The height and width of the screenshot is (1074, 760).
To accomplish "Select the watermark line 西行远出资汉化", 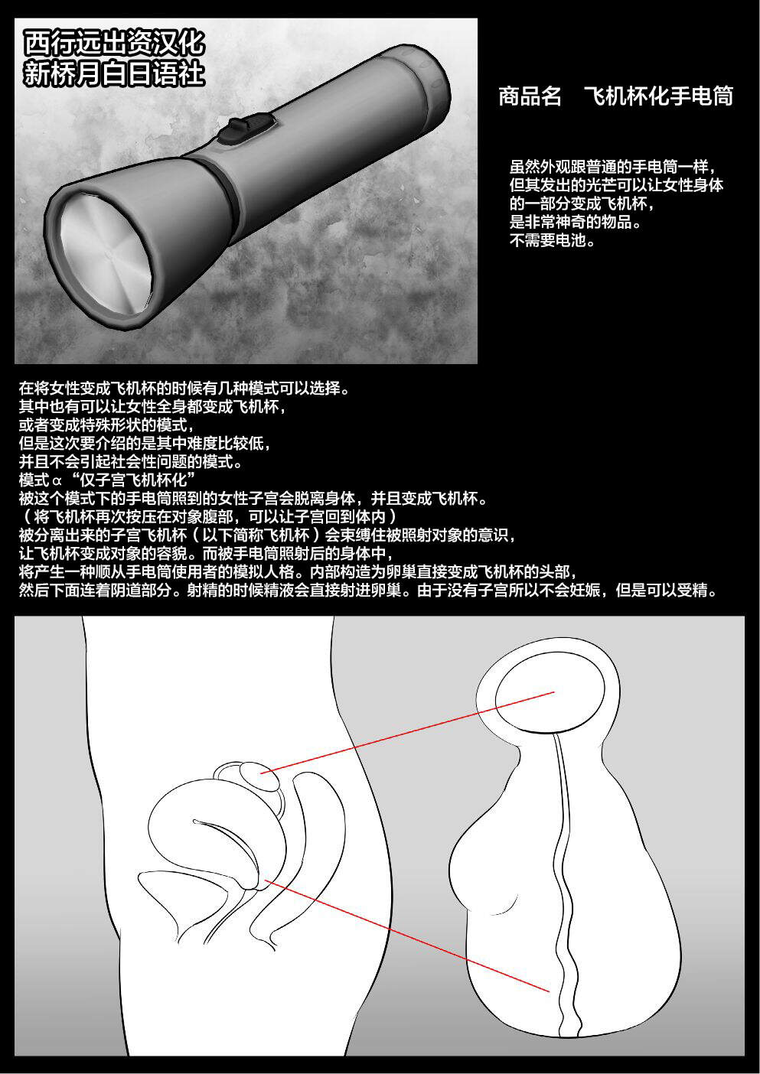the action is coord(115,44).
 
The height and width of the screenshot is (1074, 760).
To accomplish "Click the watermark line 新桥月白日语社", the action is coord(115,73).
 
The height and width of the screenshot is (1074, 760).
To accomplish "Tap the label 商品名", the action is coord(529,96).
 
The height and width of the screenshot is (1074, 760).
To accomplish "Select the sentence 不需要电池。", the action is coord(553,239).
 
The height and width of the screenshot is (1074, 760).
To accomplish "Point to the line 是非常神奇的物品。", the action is coord(576,222).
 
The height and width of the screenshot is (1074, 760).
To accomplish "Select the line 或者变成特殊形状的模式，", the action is coord(106,425).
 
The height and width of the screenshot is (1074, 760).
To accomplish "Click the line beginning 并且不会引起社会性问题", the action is coord(131,461).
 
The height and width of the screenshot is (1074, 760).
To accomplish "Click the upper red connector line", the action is coord(408,731).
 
